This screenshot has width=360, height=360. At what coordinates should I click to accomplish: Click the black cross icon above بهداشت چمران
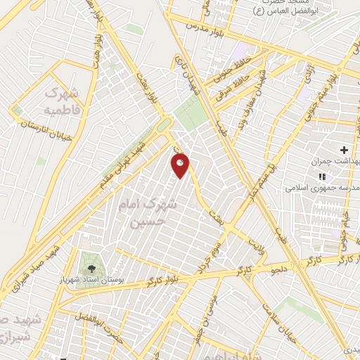[x=344, y=150]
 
